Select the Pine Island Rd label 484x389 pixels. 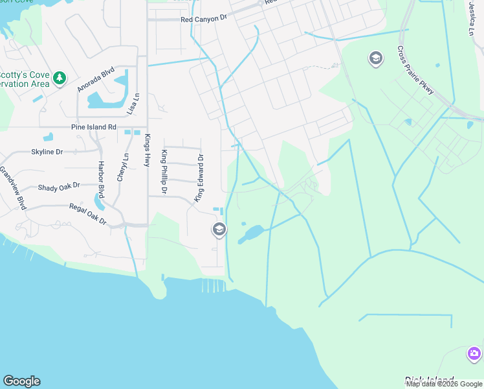[x=93, y=128]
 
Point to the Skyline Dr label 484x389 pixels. [x=47, y=152]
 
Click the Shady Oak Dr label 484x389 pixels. [x=58, y=186]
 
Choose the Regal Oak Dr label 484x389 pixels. [x=88, y=215]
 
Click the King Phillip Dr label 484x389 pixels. [x=164, y=172]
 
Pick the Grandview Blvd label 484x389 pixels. [x=12, y=189]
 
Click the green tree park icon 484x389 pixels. [x=60, y=78]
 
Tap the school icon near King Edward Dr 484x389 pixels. [x=219, y=230]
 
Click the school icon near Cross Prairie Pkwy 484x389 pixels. [x=375, y=59]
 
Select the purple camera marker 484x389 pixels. [x=474, y=354]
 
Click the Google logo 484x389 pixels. [x=21, y=381]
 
